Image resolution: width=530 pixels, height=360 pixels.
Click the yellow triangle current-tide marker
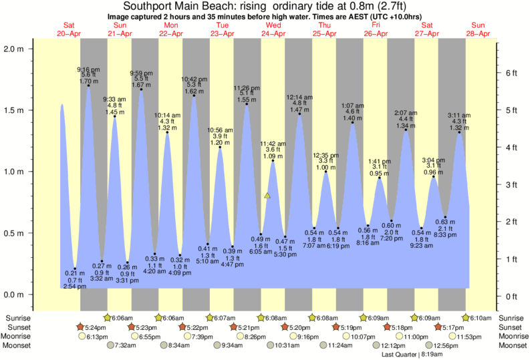click(x=267, y=196)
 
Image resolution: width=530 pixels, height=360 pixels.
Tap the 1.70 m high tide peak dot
click(x=89, y=85)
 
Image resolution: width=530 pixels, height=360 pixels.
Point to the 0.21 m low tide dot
click(x=75, y=268)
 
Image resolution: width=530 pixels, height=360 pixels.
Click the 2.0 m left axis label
click(x=14, y=49)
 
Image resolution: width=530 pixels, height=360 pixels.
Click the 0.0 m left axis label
click(x=14, y=295)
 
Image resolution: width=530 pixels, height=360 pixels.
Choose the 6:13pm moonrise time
click(x=97, y=337)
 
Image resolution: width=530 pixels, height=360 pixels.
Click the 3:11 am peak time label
click(x=460, y=114)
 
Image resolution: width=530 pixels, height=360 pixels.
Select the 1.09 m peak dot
click(x=273, y=161)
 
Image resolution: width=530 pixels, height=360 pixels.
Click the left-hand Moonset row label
click(x=19, y=346)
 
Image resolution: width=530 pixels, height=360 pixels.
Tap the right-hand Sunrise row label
click(x=511, y=318)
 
